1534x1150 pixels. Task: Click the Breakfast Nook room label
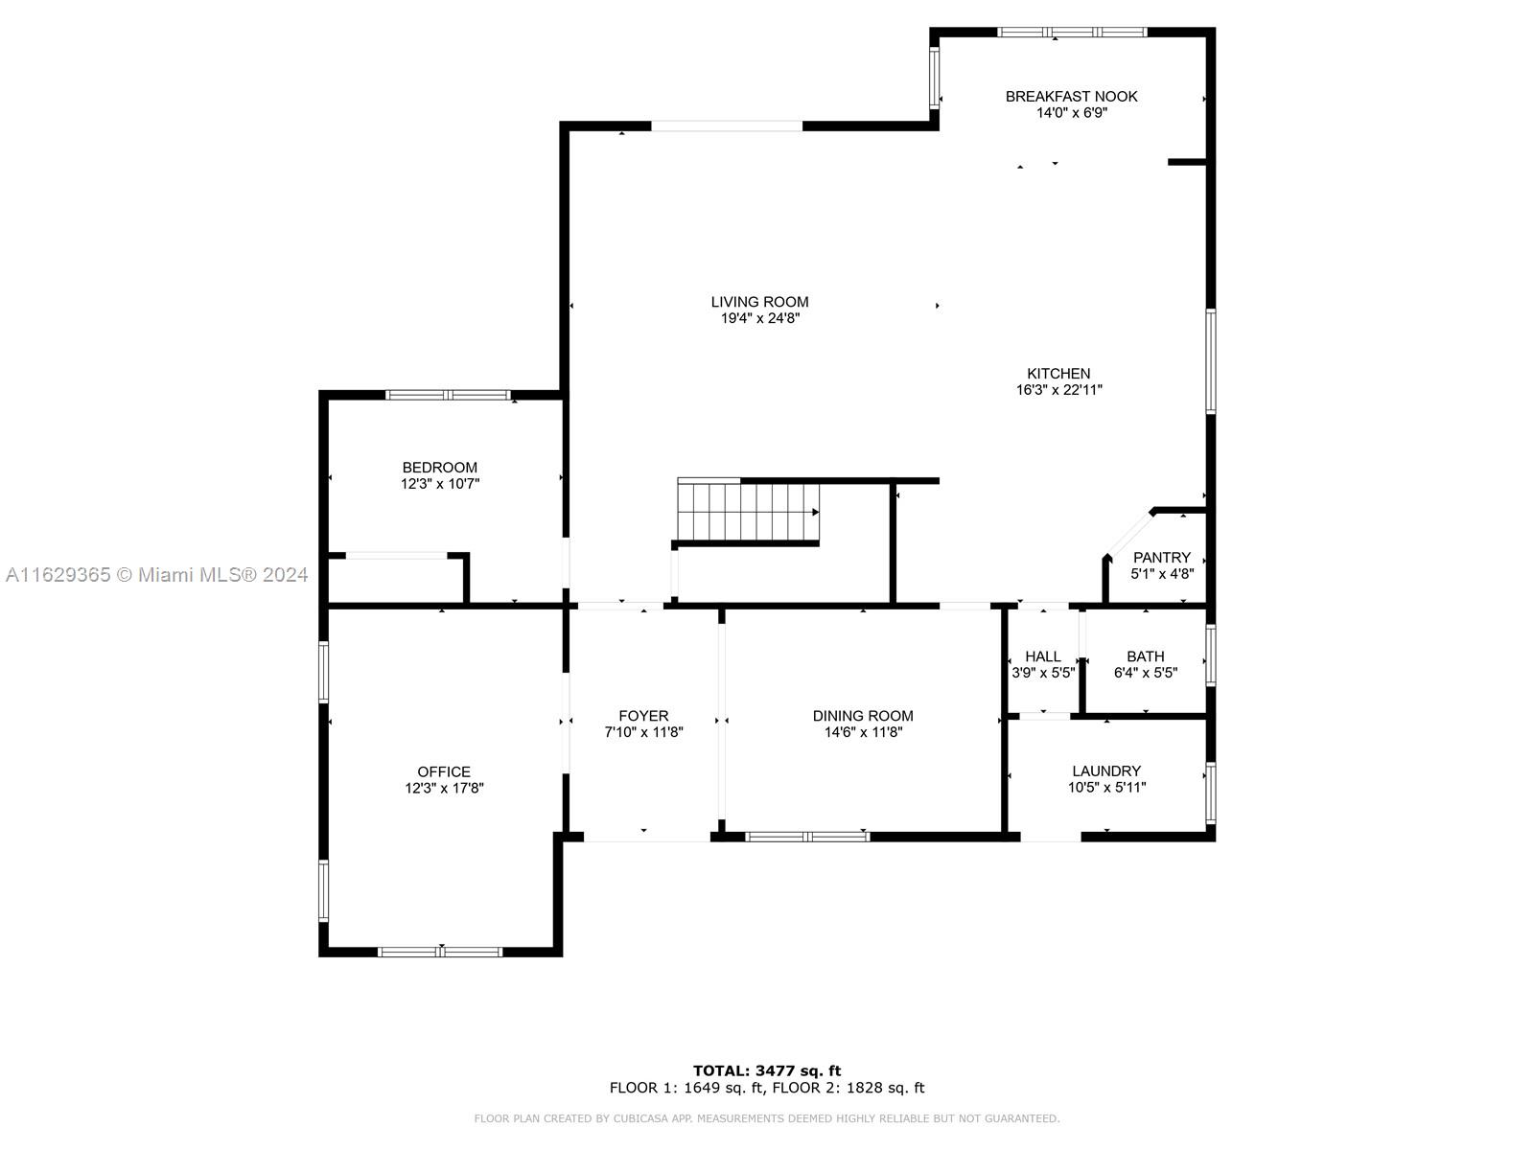[1071, 97]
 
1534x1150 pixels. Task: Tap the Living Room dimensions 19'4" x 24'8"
[759, 318]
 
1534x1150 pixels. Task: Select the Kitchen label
[1058, 374]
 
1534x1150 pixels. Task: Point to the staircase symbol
[748, 512]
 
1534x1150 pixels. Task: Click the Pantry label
[1161, 557]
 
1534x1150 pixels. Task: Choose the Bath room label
[1146, 656]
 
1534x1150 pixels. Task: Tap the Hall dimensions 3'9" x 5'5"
[1043, 673]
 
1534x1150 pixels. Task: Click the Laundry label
[1106, 770]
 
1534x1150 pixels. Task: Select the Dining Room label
[862, 716]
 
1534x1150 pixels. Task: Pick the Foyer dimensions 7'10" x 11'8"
[643, 732]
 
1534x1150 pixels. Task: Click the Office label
[444, 771]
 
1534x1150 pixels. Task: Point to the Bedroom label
[439, 467]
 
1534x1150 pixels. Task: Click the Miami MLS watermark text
[156, 575]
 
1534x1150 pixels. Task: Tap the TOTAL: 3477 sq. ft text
[767, 1070]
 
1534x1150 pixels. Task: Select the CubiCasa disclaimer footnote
[767, 1117]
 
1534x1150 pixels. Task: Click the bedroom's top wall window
[448, 395]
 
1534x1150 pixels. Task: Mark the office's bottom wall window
[440, 952]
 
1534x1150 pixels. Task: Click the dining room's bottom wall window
[807, 837]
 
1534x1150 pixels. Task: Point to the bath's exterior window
[1211, 655]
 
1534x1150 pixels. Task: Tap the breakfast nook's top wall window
[1072, 33]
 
